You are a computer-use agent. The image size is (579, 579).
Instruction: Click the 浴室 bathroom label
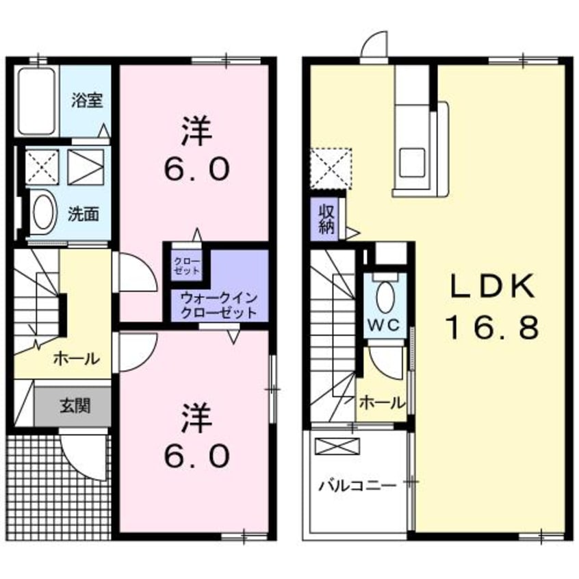click(88, 101)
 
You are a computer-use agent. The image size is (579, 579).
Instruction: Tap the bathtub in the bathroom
click(37, 101)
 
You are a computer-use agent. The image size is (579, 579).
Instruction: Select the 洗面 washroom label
click(83, 214)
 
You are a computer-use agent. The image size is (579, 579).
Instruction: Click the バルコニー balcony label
click(357, 487)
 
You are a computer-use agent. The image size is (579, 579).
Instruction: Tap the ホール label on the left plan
click(76, 358)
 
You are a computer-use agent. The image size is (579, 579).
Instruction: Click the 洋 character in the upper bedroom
click(196, 130)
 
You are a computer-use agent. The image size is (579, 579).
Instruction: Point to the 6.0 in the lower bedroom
click(196, 454)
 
